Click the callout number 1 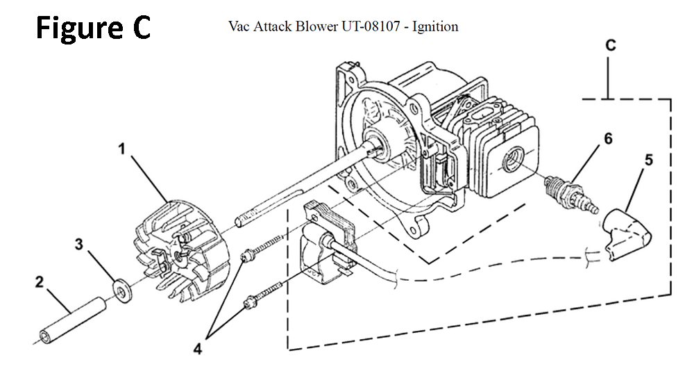click(x=121, y=149)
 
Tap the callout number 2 click(x=39, y=283)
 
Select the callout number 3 click(x=79, y=245)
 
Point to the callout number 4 click(x=198, y=350)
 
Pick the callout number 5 click(x=648, y=160)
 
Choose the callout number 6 click(x=608, y=138)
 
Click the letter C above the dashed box click(x=611, y=46)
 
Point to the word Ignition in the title click(x=435, y=27)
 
